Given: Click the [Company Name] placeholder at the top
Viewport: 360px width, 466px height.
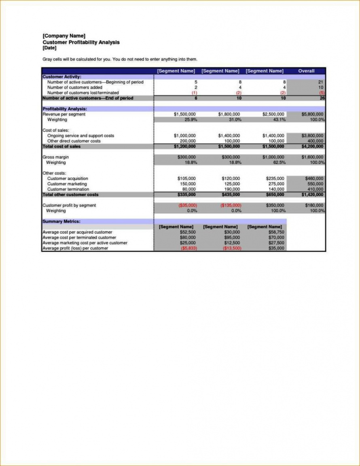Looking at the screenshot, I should [x=64, y=36].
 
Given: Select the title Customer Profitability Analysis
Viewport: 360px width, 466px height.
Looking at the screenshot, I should [x=81, y=42].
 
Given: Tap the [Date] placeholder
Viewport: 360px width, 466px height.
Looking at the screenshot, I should [x=49, y=48].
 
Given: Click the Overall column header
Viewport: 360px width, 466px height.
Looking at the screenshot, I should [x=306, y=71].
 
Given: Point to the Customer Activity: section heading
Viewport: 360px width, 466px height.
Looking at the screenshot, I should [x=62, y=77].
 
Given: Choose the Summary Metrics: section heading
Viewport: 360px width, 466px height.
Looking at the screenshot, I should [x=61, y=221].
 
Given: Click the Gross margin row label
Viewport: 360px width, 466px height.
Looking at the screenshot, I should [x=55, y=157].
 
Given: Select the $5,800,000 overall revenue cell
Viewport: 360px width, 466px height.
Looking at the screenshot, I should [x=312, y=114].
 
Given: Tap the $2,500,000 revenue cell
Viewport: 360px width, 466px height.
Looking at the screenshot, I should [x=273, y=114].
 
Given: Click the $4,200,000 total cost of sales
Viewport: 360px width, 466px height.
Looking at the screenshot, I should [x=312, y=146].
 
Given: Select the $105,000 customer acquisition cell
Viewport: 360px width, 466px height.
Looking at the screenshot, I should [x=186, y=178].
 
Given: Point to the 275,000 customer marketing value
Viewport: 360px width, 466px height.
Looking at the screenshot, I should [x=277, y=184].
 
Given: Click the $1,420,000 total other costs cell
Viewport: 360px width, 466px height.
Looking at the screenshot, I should [x=312, y=194].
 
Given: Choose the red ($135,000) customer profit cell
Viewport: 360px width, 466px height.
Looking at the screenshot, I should [x=231, y=205].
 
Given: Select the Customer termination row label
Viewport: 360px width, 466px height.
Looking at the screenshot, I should [x=68, y=189].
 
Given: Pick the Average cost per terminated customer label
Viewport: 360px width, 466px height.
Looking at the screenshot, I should [x=79, y=238].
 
